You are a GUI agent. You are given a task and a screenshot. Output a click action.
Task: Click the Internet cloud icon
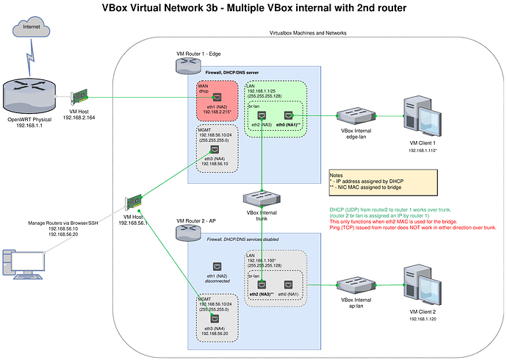[x=29, y=30]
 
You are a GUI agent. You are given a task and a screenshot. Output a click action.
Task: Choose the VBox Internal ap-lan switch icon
[x=350, y=284]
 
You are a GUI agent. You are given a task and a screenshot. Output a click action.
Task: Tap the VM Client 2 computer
[x=417, y=284]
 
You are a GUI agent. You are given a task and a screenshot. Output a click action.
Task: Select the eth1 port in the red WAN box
[x=217, y=97]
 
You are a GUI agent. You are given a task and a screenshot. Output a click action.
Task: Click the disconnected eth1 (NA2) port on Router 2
[x=217, y=266]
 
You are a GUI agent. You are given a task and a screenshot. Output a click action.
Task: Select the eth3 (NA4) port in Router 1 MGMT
[x=214, y=149]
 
